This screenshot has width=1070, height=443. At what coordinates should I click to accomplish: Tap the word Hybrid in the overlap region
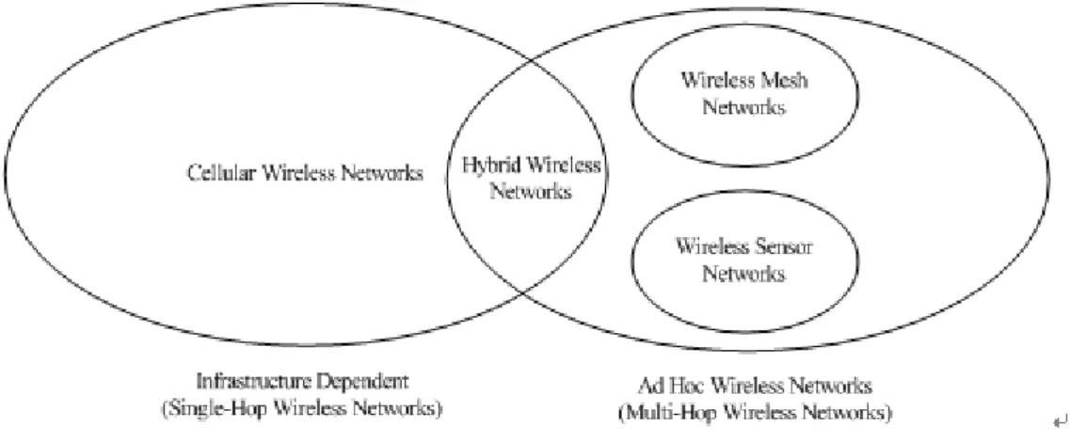coord(487,165)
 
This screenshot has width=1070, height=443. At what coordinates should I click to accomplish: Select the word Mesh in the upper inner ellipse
coord(782,81)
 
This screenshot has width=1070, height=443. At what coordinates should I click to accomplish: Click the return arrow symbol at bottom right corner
coord(1059,422)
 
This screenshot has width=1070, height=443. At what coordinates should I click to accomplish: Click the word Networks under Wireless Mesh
coord(743,107)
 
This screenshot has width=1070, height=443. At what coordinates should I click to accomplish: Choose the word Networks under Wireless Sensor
coord(743,274)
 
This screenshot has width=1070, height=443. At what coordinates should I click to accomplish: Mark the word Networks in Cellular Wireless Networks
coord(381,172)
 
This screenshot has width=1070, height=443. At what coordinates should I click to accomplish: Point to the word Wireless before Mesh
coord(716,81)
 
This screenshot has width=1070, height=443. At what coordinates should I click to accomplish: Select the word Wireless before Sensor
coord(712,246)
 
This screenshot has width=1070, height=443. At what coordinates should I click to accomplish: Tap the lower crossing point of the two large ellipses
coord(522,293)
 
